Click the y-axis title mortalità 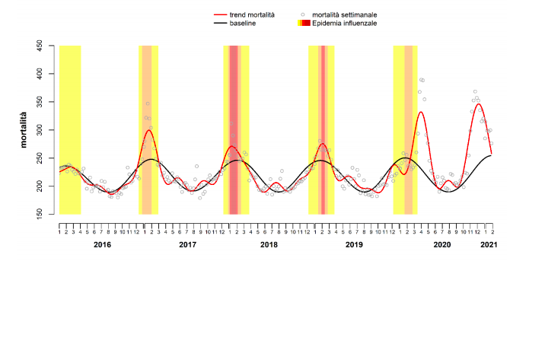[25, 130]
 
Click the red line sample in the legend [221, 14]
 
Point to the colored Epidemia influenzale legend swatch [304, 24]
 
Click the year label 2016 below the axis [103, 244]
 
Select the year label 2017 [187, 244]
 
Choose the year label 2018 [269, 244]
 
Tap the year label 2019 [354, 244]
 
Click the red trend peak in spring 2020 [421, 112]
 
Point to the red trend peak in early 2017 [149, 130]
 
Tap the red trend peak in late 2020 [479, 104]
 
